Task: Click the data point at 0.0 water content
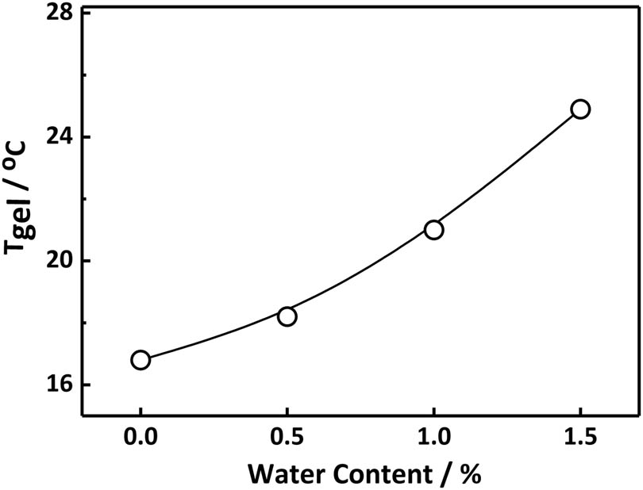pos(141,360)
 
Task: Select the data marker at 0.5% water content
pos(287,316)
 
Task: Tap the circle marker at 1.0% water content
pos(433,230)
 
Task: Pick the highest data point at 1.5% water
pos(580,109)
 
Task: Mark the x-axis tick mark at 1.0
pos(433,411)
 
